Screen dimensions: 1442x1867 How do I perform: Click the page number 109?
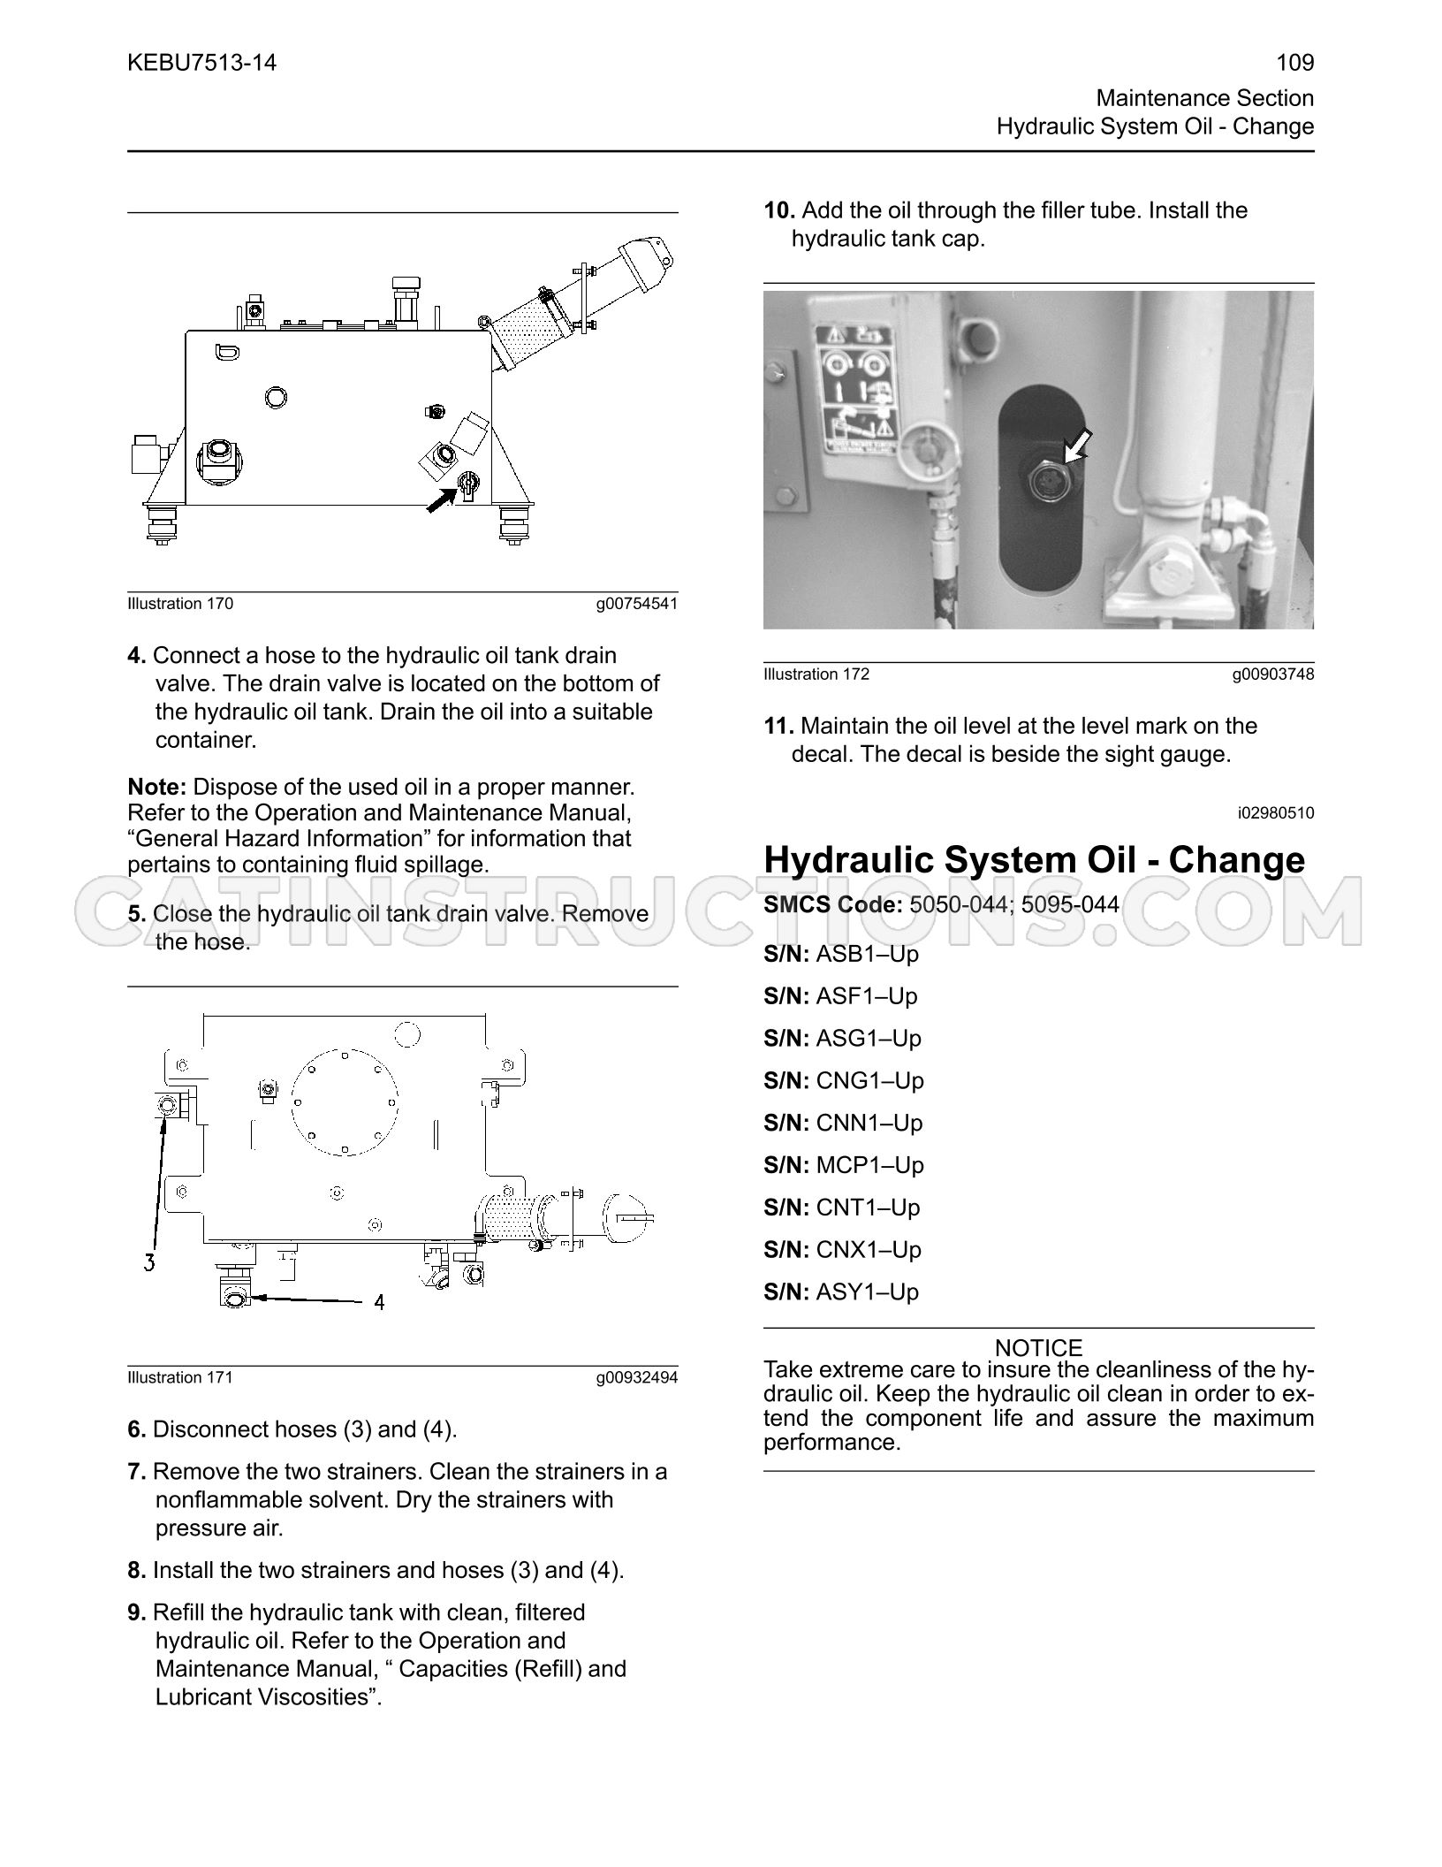tap(1295, 63)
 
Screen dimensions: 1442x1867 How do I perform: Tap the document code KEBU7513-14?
tap(202, 63)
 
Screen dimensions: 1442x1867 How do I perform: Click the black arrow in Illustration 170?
tap(441, 499)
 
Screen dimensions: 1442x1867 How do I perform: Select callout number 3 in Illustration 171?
tap(150, 1262)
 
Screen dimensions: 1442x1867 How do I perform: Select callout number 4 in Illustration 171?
tap(379, 1302)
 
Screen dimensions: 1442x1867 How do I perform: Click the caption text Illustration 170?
tap(180, 604)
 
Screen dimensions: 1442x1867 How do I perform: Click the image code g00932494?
tap(637, 1377)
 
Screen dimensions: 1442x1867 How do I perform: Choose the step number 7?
tap(136, 1472)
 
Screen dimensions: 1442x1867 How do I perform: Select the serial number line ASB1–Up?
tap(841, 954)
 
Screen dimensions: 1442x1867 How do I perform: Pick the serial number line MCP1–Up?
tap(844, 1165)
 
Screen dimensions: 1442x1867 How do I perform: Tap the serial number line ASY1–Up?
tap(841, 1292)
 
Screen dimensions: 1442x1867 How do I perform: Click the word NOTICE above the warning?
tap(1038, 1348)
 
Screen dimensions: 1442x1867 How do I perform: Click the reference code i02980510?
tap(1275, 812)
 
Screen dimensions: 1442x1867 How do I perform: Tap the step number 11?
tap(778, 726)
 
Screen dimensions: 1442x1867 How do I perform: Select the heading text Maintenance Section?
tap(1205, 98)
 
